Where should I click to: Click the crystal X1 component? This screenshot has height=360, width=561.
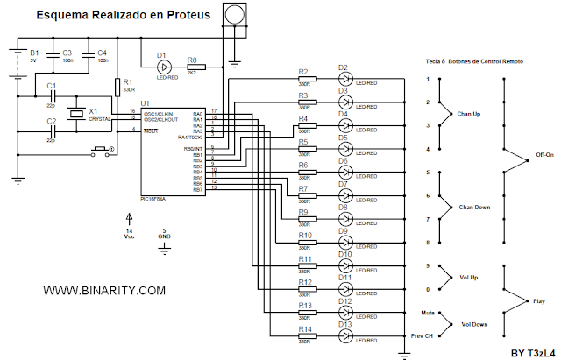tap(76, 112)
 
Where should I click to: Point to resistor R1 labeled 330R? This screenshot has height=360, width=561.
tap(117, 86)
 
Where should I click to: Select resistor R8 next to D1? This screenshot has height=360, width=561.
tap(194, 67)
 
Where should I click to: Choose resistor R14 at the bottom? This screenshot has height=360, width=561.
tap(306, 335)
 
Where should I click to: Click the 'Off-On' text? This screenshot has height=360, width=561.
tap(543, 158)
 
